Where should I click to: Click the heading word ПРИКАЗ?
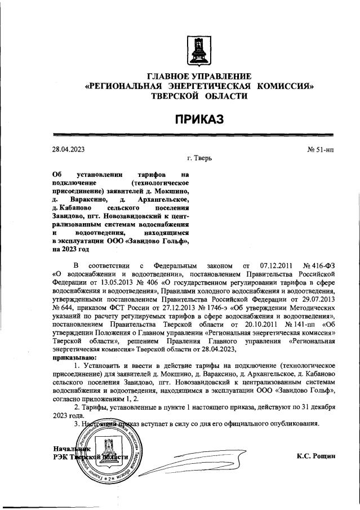click(199, 118)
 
